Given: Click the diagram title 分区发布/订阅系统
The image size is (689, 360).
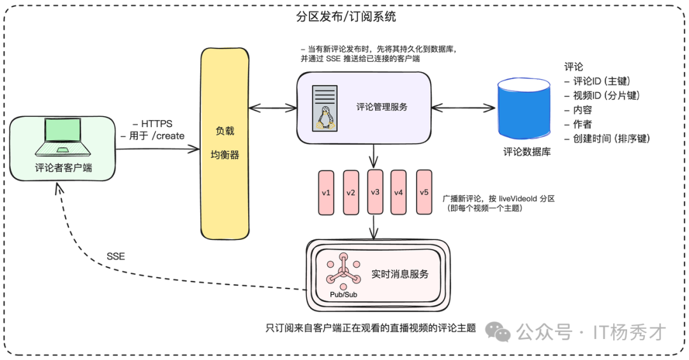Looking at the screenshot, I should pyautogui.click(x=346, y=16).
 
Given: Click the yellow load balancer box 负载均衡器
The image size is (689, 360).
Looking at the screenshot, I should pyautogui.click(x=225, y=142).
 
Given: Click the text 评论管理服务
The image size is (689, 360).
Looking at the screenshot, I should pyautogui.click(x=382, y=107).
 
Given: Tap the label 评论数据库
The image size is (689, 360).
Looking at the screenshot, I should pyautogui.click(x=527, y=152).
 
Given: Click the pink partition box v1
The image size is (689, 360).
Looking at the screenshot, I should pyautogui.click(x=326, y=192).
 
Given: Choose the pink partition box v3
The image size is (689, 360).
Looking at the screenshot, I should pyautogui.click(x=375, y=192).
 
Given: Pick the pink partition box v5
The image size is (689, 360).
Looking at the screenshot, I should pyautogui.click(x=424, y=192).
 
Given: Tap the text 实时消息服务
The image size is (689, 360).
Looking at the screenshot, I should pyautogui.click(x=400, y=274).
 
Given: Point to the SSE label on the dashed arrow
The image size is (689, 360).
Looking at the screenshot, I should pyautogui.click(x=115, y=257).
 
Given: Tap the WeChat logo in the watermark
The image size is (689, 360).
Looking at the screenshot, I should pyautogui.click(x=498, y=331).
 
